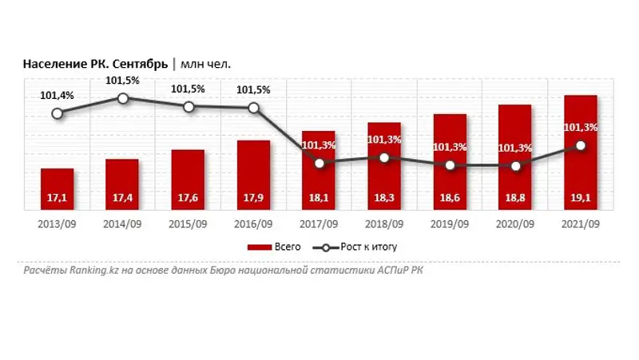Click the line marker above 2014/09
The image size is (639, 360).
click(123, 98)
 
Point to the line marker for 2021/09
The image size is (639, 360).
click(581, 145)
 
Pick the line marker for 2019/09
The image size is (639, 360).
click(450, 165)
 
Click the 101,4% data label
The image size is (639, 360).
click(57, 96)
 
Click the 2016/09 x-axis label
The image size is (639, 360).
click(253, 224)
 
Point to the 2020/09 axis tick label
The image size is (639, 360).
click(516, 224)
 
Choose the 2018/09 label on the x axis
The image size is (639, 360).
click(384, 224)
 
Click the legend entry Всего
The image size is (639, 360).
click(276, 247)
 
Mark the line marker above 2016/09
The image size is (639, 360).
click(253, 108)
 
